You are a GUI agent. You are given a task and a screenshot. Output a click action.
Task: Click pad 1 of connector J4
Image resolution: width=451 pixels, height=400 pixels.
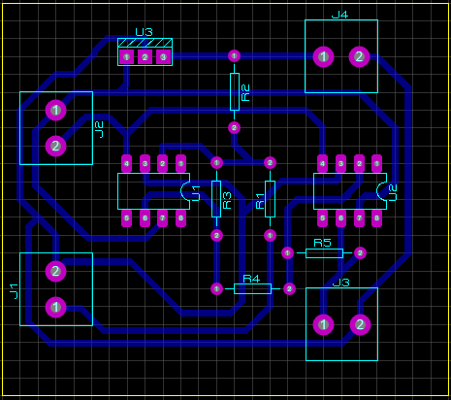[x=323, y=57]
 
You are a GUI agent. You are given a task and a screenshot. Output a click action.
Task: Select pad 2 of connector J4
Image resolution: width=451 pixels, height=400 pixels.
[x=359, y=57]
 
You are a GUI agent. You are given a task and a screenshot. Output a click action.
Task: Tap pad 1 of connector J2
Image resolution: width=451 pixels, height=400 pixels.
[x=56, y=110]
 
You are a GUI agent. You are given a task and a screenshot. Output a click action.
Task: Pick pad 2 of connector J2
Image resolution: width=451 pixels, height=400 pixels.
[x=56, y=147]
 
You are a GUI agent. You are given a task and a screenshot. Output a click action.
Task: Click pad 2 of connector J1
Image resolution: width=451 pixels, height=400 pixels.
[x=56, y=271]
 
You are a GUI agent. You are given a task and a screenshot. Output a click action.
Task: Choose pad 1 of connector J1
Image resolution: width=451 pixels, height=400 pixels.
[x=56, y=307]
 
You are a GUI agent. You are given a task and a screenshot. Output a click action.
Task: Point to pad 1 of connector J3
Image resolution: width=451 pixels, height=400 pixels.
[x=323, y=324]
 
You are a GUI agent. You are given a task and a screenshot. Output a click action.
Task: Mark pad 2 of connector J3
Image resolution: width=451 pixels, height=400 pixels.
[x=360, y=324]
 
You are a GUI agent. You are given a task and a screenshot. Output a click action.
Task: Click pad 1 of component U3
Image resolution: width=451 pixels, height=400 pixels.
[x=126, y=57]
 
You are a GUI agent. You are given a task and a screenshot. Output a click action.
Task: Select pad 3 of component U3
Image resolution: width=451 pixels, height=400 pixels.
[x=163, y=57]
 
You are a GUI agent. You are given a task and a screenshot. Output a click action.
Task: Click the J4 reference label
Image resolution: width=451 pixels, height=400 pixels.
[x=339, y=15]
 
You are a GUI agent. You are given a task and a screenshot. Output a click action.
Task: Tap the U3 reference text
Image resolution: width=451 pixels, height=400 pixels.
[x=144, y=32]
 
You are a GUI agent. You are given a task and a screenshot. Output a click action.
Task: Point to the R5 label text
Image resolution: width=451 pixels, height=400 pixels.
[x=322, y=242]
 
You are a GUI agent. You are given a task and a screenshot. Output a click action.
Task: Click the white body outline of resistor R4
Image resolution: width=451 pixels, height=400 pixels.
[x=252, y=288]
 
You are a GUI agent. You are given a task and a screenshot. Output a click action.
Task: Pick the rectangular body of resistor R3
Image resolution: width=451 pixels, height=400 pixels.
[x=216, y=198]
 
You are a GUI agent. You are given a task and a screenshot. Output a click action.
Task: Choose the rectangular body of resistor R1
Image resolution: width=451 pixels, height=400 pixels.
[x=270, y=198]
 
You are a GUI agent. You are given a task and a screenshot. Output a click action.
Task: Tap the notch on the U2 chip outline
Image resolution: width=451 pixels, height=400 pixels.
[x=379, y=192]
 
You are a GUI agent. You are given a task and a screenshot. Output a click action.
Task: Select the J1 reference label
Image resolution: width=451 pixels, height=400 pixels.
[x=13, y=289]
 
